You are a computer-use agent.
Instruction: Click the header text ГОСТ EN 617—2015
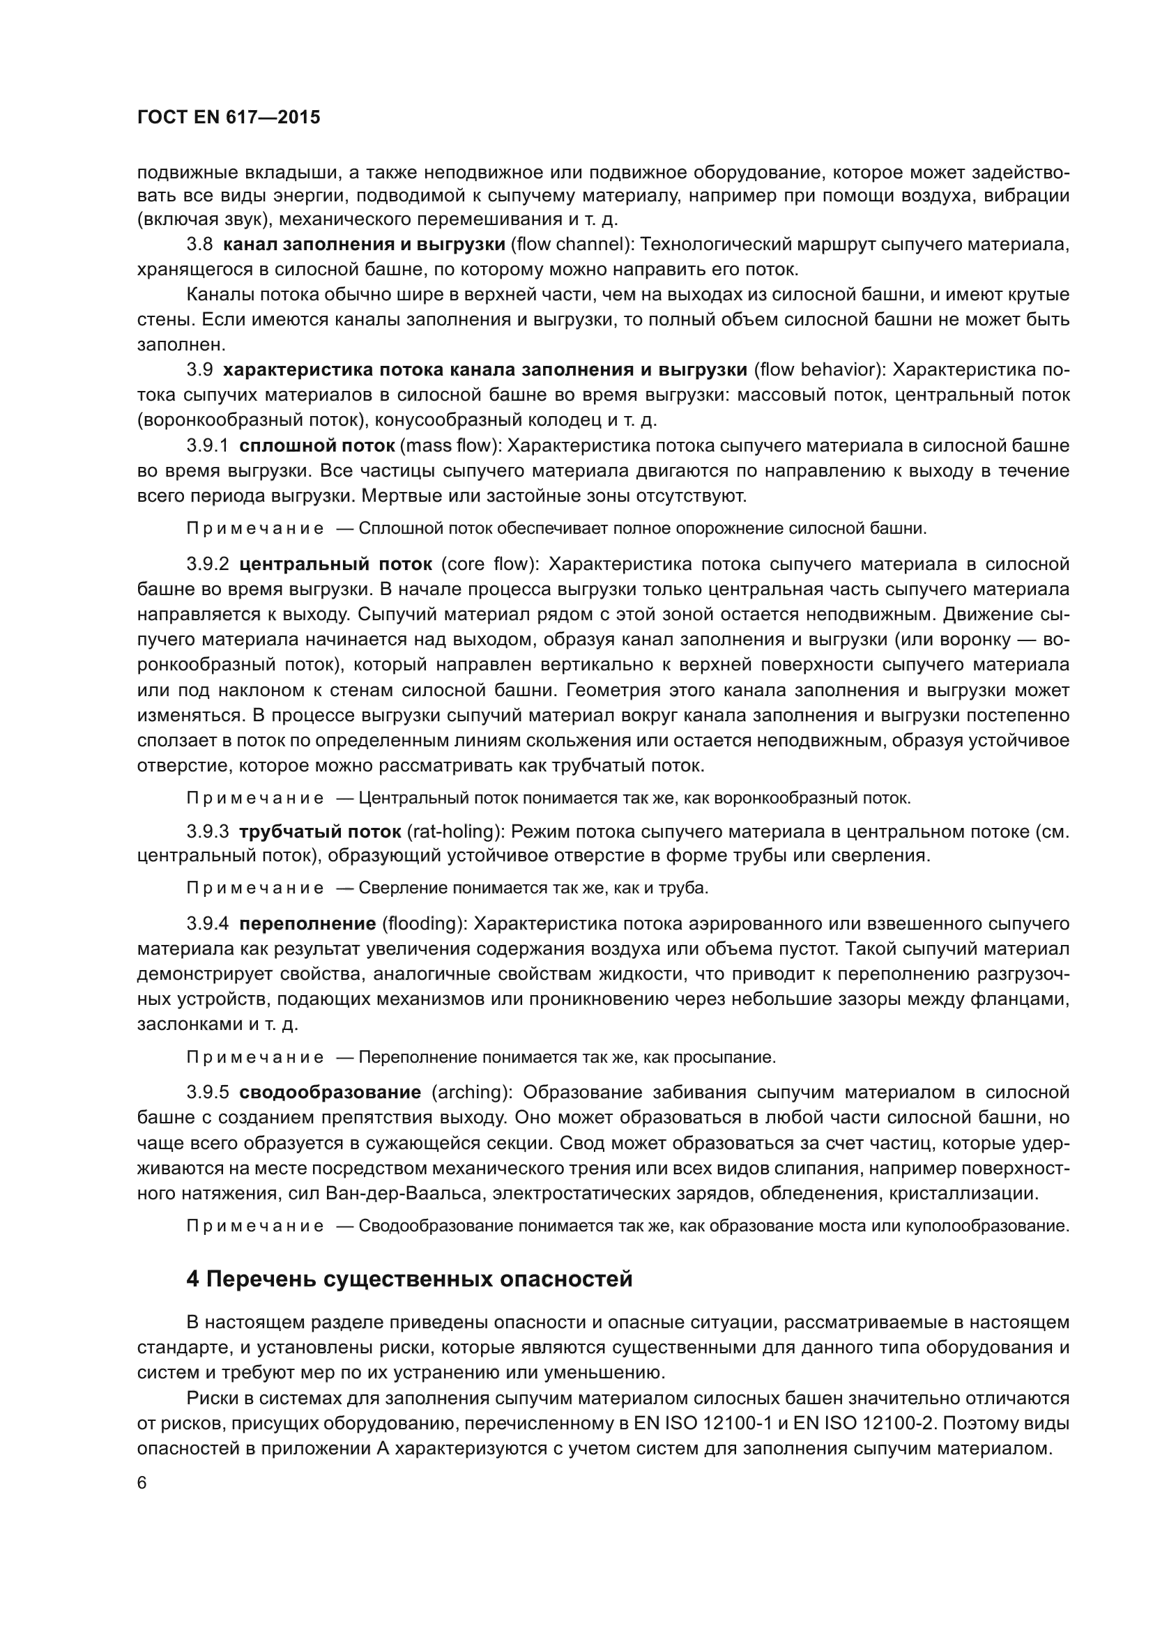pyautogui.click(x=228, y=117)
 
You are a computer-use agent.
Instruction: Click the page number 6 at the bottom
pyautogui.click(x=142, y=1483)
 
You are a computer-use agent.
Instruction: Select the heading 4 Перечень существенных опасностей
pyautogui.click(x=409, y=1279)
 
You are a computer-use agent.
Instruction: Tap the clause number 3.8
pyautogui.click(x=199, y=245)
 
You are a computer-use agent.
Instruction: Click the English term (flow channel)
pyautogui.click(x=571, y=245)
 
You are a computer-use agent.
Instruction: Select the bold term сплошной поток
pyautogui.click(x=316, y=446)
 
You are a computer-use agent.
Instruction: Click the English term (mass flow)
pyautogui.click(x=452, y=446)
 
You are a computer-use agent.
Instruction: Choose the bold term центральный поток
pyautogui.click(x=335, y=564)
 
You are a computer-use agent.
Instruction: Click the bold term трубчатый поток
pyautogui.click(x=321, y=831)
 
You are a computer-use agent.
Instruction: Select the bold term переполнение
pyautogui.click(x=307, y=923)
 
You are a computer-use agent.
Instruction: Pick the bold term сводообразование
pyautogui.click(x=330, y=1092)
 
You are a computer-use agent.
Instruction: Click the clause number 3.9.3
pyautogui.click(x=208, y=831)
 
